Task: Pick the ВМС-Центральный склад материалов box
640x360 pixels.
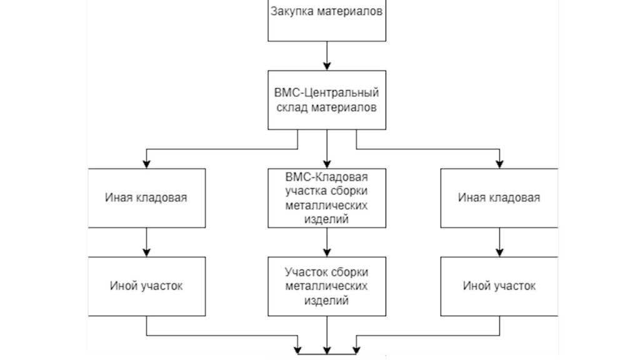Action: click(x=326, y=100)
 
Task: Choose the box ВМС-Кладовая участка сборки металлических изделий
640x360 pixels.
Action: click(x=326, y=197)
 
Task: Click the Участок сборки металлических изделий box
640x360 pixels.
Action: click(x=326, y=286)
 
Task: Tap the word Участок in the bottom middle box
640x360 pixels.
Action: click(x=305, y=272)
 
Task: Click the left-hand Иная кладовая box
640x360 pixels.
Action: click(x=147, y=197)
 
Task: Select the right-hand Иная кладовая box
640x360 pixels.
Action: click(x=499, y=197)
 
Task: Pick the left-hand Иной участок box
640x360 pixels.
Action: click(x=147, y=286)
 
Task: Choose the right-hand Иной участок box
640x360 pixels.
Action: click(x=499, y=286)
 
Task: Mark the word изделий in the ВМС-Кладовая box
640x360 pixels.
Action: click(x=326, y=219)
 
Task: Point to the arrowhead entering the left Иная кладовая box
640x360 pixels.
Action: click(x=147, y=164)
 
